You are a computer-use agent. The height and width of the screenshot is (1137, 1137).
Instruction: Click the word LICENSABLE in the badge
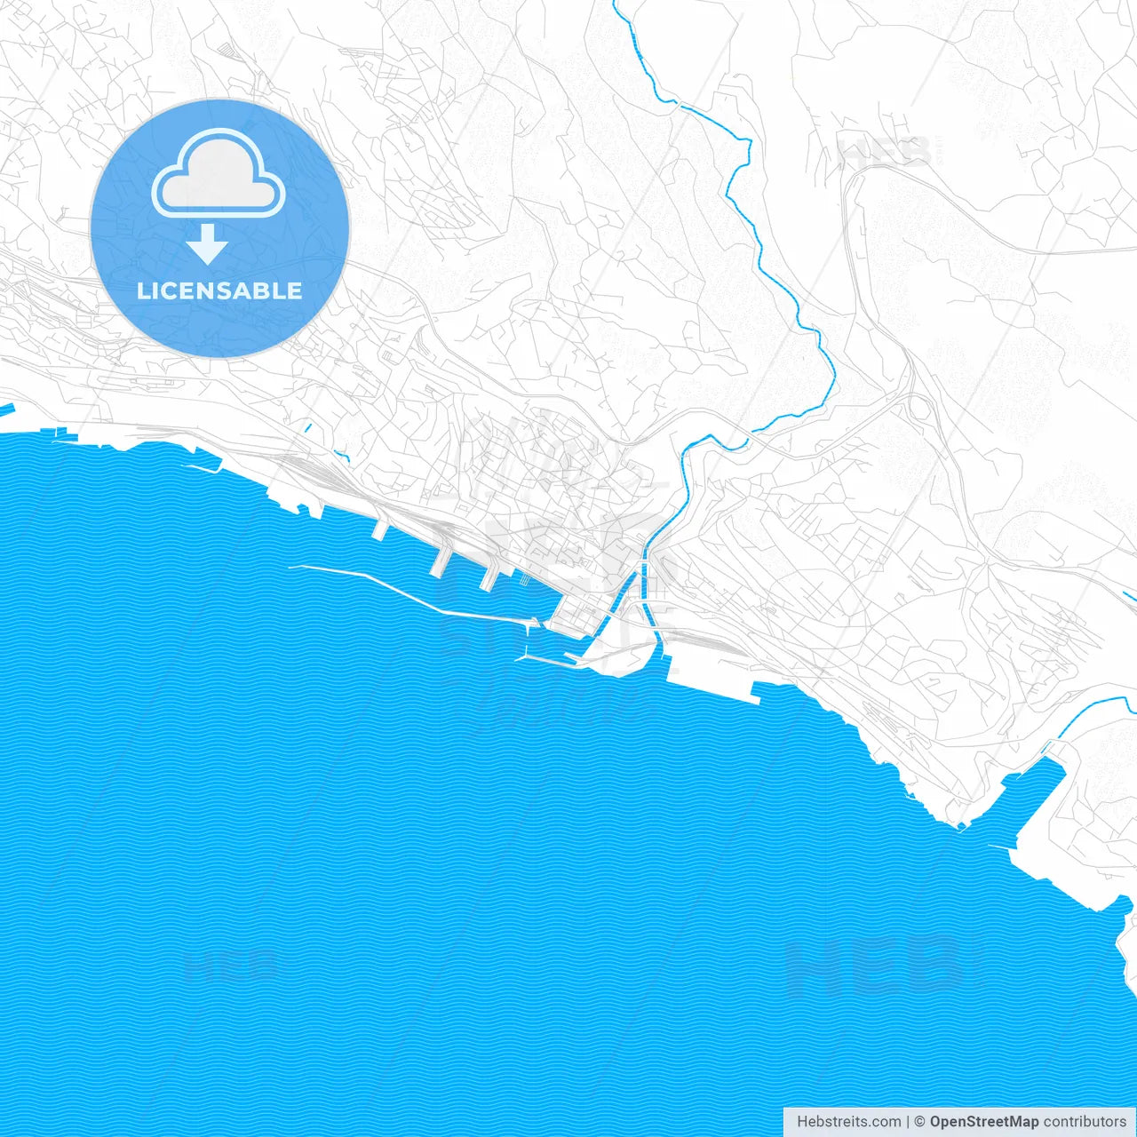pyautogui.click(x=219, y=290)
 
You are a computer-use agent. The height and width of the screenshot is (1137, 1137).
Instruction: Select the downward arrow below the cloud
pyautogui.click(x=207, y=244)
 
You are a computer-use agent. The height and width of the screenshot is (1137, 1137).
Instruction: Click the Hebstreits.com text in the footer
pyautogui.click(x=848, y=1122)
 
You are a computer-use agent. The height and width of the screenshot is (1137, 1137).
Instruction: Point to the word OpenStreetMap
pyautogui.click(x=983, y=1122)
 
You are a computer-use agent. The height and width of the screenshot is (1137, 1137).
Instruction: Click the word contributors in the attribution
pyautogui.click(x=1085, y=1122)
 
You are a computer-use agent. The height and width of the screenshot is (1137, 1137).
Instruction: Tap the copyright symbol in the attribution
pyautogui.click(x=920, y=1122)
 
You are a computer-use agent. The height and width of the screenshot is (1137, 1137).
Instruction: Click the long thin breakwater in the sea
pyautogui.click(x=400, y=592)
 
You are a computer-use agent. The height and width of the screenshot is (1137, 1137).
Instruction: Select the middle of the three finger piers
pyautogui.click(x=441, y=560)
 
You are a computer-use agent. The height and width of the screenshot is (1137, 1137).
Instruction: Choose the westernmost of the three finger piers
pyautogui.click(x=380, y=529)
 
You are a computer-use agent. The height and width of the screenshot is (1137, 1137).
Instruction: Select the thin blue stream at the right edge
pyautogui.click(x=1097, y=711)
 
